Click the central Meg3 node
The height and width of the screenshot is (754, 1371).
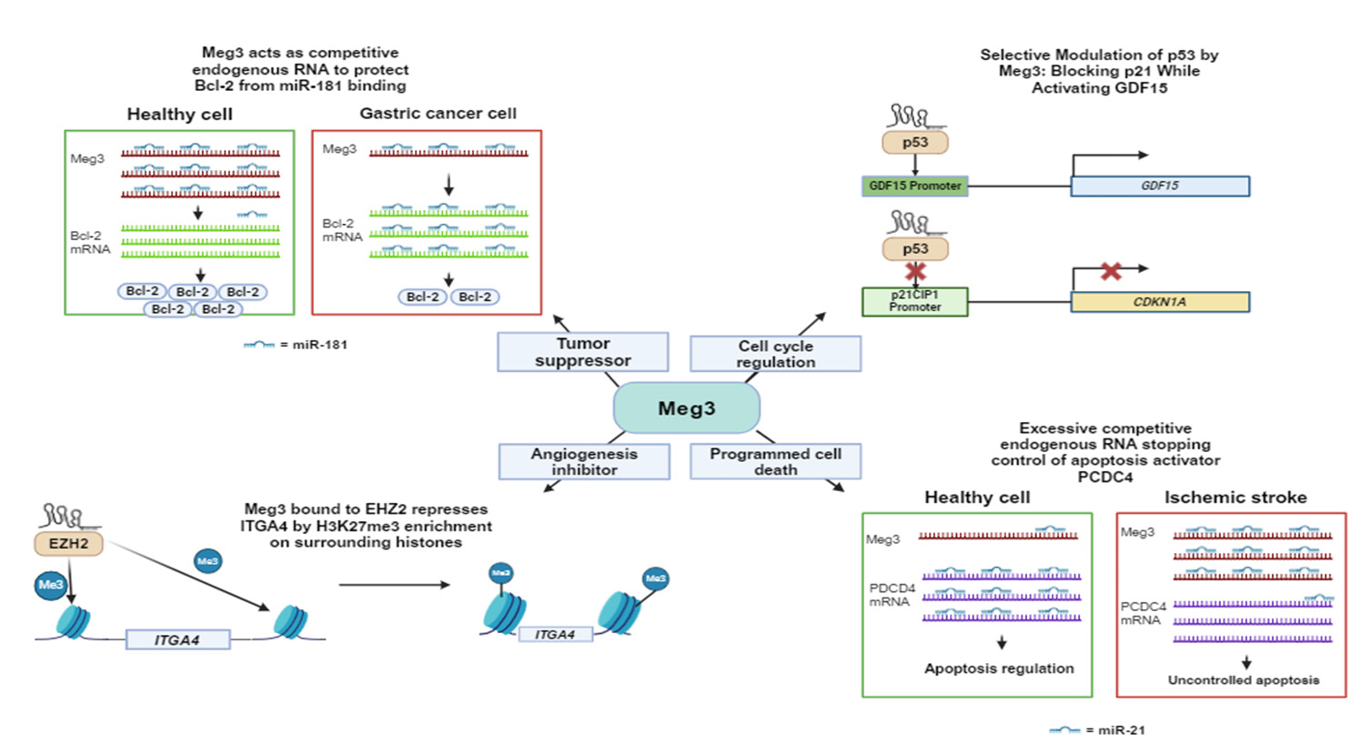[686, 407]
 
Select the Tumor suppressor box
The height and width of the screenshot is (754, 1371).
[582, 352]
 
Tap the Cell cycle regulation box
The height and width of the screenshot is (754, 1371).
[775, 353]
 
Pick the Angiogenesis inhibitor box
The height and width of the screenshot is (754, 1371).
[584, 461]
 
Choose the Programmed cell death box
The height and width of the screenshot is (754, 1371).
[775, 461]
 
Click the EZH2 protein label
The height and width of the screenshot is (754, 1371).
[69, 543]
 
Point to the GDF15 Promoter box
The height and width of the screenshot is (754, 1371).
[914, 186]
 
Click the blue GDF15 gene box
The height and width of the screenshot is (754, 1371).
[1159, 186]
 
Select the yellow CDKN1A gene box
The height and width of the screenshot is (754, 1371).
[1159, 301]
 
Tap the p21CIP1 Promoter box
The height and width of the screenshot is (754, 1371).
[914, 301]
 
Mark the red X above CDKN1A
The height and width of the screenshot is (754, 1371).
[1111, 270]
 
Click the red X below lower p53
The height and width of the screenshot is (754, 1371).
[915, 271]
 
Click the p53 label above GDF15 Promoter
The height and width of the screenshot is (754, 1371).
[915, 142]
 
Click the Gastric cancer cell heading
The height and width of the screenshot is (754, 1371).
[438, 114]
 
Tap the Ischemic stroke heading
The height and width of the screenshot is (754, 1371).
[1235, 498]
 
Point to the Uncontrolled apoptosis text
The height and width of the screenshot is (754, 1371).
[1243, 679]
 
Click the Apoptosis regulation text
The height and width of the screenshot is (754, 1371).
[999, 668]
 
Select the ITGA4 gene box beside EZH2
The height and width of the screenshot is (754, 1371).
[176, 639]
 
